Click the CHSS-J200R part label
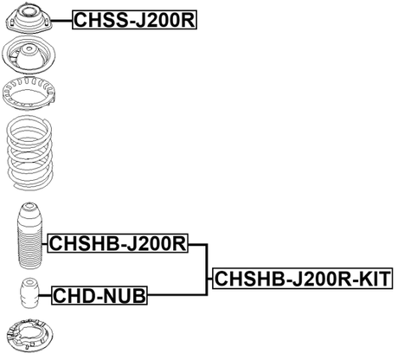tap(134, 18)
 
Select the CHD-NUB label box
tap(99, 297)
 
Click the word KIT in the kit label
tap(374, 279)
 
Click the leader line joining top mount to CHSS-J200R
tap(61, 18)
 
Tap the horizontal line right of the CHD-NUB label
tap(177, 297)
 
